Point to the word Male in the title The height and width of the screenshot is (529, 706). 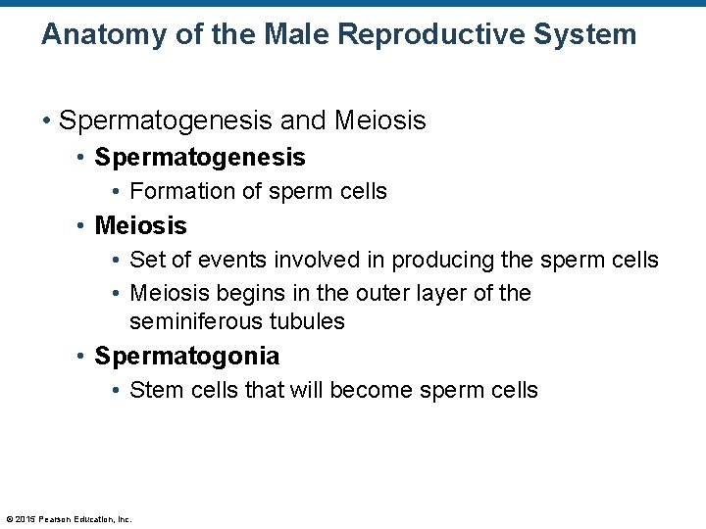[x=297, y=36]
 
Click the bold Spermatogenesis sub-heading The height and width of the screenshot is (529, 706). [x=200, y=157]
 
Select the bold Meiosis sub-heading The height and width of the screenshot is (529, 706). [x=140, y=225]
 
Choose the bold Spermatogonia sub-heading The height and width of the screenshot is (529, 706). [x=186, y=356]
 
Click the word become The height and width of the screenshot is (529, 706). [x=374, y=390]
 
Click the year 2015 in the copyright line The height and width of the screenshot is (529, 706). [x=25, y=519]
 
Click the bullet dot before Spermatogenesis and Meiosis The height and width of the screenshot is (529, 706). [x=46, y=121]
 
